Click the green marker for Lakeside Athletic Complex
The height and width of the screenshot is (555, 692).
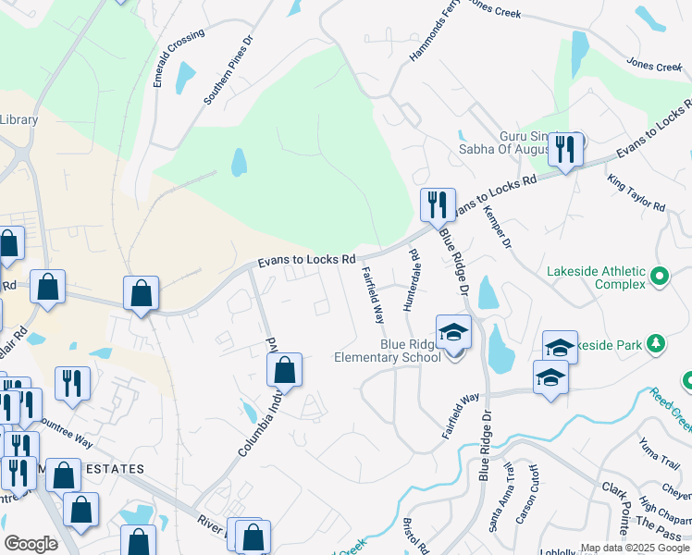coord(660,276)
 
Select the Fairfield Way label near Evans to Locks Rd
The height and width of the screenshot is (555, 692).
coord(372,294)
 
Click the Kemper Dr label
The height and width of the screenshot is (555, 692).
coord(497,227)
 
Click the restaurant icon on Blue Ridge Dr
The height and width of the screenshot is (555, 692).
coord(436,204)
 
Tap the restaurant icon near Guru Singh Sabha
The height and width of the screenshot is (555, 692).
coord(564,148)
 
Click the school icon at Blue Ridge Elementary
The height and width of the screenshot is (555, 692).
coord(453,331)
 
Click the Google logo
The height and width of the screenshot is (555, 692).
coord(31,544)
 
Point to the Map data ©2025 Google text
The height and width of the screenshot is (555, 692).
coord(634,548)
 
